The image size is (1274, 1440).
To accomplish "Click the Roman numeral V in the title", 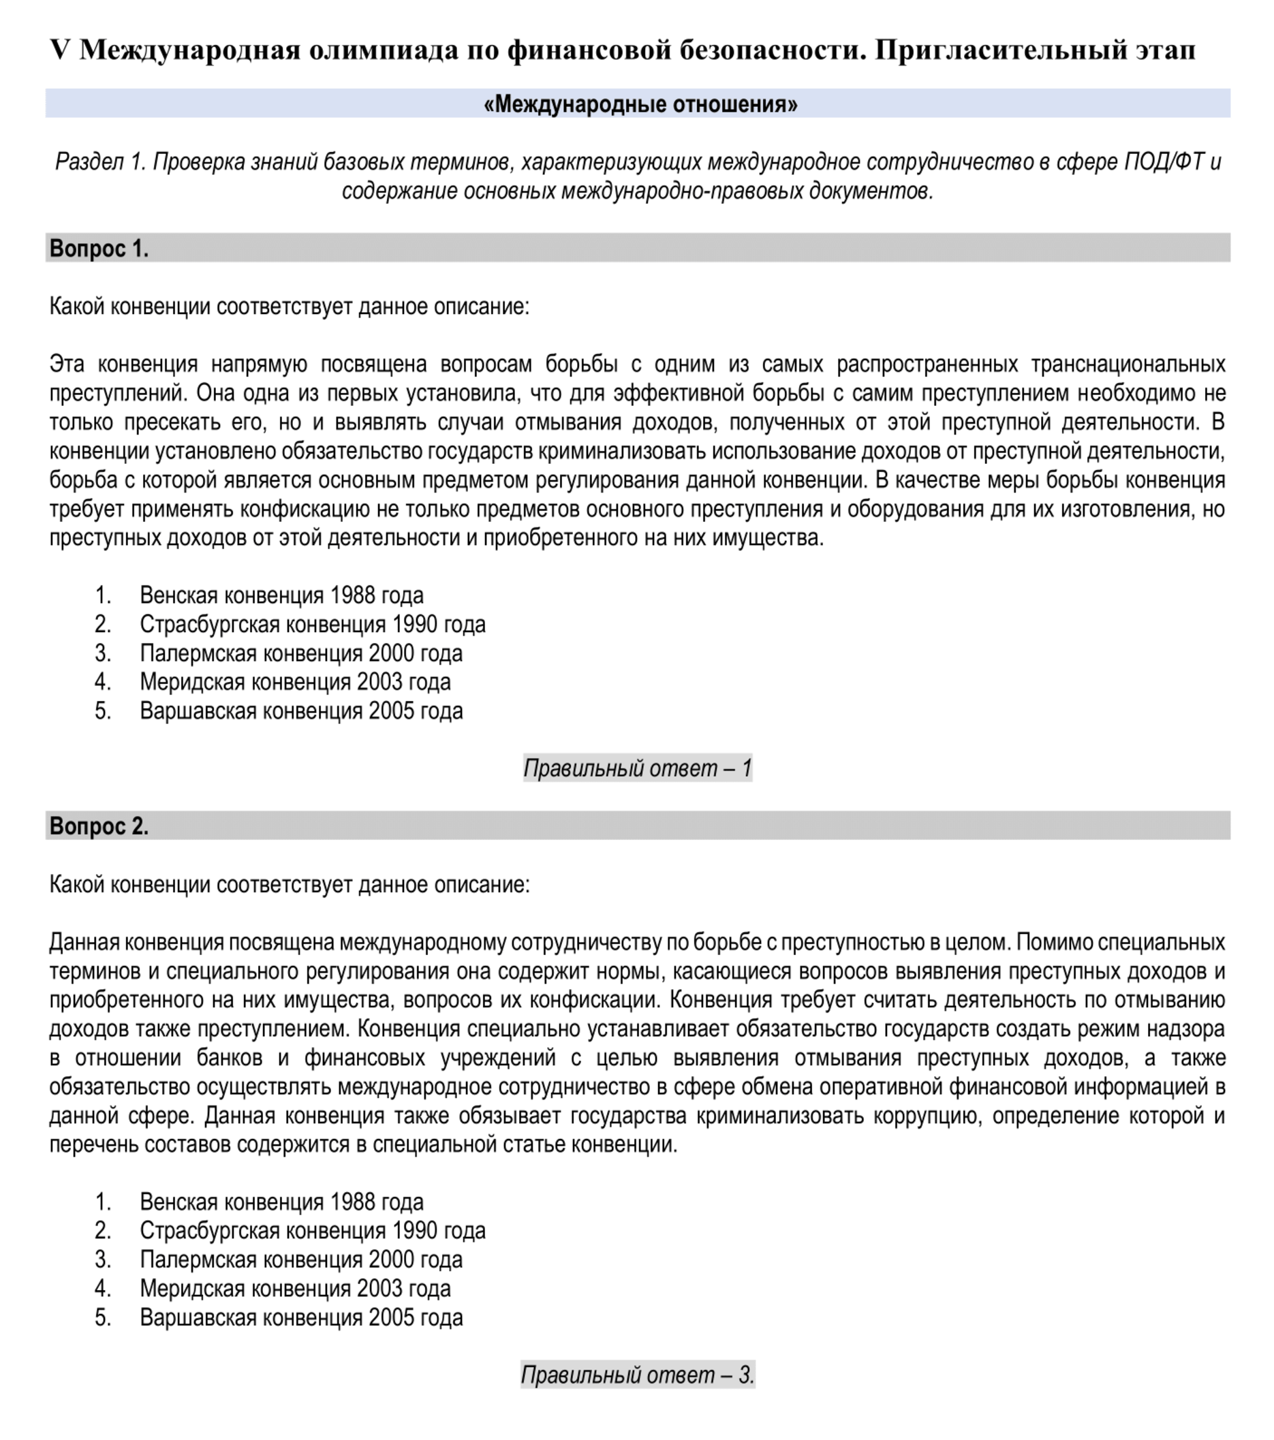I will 60,50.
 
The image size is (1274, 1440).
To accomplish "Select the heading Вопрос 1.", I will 99,249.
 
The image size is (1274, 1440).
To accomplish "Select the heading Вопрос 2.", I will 99,826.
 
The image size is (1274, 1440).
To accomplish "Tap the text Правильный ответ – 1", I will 637,768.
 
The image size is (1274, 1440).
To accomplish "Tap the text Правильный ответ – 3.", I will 637,1375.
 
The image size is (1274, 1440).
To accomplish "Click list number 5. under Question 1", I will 103,711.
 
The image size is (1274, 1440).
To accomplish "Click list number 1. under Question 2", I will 103,1202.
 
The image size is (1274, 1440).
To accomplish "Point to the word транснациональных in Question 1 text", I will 1128,364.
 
